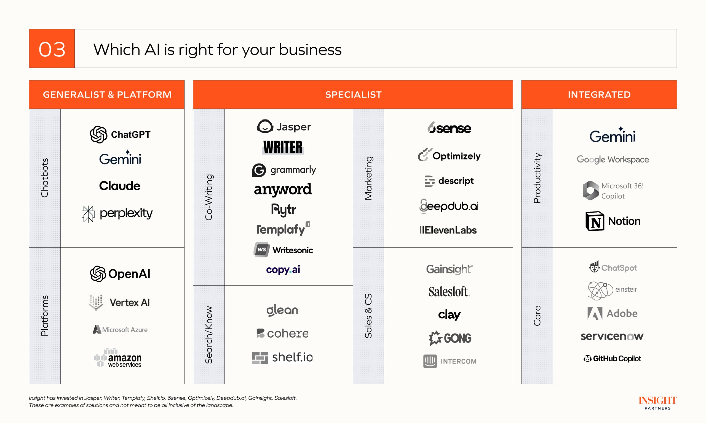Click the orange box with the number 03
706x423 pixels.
[52, 48]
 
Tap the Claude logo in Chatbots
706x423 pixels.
[120, 186]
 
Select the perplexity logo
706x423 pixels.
[117, 214]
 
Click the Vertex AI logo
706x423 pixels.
[120, 302]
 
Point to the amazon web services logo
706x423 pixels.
[118, 358]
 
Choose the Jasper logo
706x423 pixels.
[284, 127]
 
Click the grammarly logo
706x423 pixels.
[284, 170]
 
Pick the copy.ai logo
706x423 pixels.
[283, 270]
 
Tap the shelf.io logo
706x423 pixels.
[282, 358]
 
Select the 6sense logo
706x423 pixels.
[449, 128]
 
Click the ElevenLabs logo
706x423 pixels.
[448, 230]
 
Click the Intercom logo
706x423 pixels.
[450, 361]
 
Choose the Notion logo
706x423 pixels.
[613, 221]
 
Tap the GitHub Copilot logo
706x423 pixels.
[612, 359]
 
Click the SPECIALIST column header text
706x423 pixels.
[353, 95]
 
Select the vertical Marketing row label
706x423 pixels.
[368, 178]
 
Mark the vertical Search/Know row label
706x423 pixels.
[208, 335]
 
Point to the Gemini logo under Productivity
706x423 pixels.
[613, 135]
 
